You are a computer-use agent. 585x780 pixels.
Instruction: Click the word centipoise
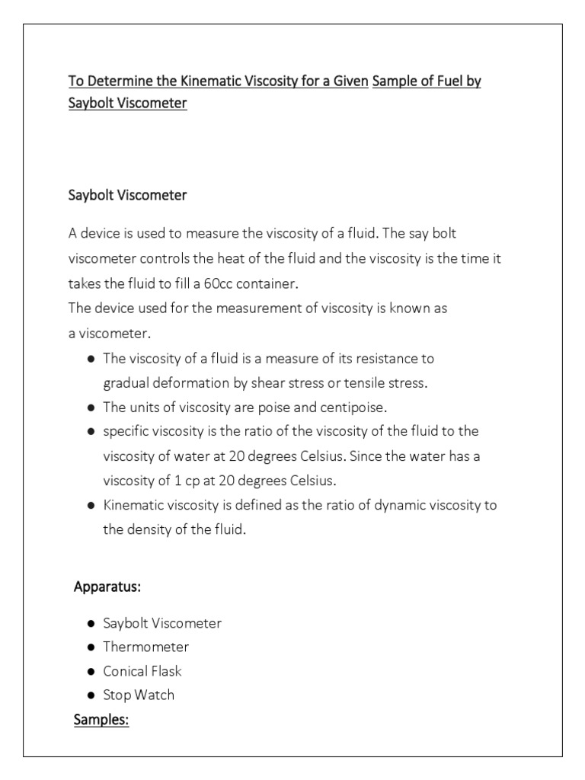(x=359, y=406)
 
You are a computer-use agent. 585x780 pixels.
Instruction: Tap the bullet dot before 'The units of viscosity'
(x=91, y=407)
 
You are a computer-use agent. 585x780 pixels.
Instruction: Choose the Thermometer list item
(x=146, y=647)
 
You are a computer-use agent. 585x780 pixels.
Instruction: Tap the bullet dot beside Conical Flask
(x=91, y=672)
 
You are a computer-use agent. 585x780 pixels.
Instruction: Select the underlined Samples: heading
(x=101, y=720)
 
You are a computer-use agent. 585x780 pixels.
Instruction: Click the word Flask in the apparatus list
(x=165, y=671)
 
